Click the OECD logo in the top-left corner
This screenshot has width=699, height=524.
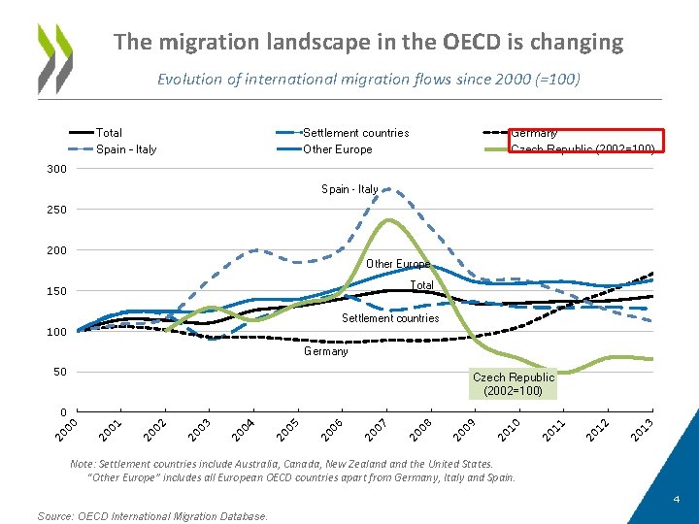coord(54,57)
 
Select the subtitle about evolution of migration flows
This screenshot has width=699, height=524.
coord(368,80)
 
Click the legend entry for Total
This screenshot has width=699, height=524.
coord(109,133)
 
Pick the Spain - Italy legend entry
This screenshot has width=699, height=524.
coord(126,149)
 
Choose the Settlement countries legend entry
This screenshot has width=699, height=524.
coord(355,133)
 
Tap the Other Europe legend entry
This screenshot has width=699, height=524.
coord(337,149)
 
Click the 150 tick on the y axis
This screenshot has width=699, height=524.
coord(56,291)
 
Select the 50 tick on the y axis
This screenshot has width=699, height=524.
coord(59,373)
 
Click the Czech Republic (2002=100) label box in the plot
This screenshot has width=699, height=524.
coord(514,384)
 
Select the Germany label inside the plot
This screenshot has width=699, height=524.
coord(325,351)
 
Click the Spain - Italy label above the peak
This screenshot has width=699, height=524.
coord(349,189)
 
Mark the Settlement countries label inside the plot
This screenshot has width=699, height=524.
coord(390,318)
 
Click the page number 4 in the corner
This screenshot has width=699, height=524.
coord(677,500)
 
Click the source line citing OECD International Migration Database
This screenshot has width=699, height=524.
coord(152,516)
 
